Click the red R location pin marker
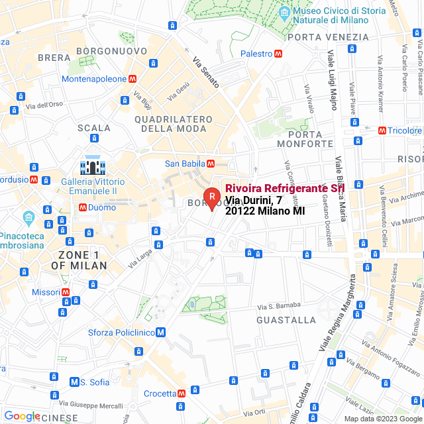point(211,197)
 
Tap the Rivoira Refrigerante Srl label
point(285,188)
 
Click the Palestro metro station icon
point(281,54)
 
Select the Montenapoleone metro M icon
point(133,78)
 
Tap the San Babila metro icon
point(210,164)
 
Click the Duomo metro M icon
point(83,207)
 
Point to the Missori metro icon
point(66,291)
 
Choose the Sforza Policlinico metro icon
point(161,333)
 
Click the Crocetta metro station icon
point(182,394)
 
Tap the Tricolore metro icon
point(382,131)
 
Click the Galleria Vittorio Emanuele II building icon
point(92,164)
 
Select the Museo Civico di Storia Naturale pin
point(284,12)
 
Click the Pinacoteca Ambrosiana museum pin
point(28,217)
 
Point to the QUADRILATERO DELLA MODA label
point(174,124)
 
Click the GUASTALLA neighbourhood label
point(286,320)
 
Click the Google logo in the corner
point(22,415)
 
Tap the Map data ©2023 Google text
point(382,419)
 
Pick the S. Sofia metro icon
point(74,382)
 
